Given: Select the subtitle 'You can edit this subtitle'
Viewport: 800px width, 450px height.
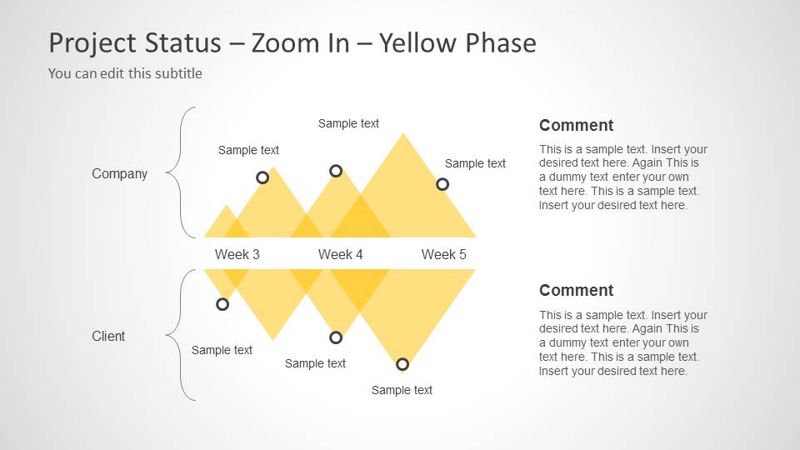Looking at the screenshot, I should [125, 73].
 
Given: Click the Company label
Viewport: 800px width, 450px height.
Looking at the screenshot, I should [119, 173].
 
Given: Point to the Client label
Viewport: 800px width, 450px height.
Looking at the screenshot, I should [108, 336].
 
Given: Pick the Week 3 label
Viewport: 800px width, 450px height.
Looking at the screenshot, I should [237, 254].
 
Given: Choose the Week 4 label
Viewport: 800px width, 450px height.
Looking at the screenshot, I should [340, 254].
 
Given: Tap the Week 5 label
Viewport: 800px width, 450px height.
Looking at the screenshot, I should [443, 254].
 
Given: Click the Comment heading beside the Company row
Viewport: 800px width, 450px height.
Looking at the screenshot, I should [576, 126].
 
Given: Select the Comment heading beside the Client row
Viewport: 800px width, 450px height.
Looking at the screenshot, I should [576, 291].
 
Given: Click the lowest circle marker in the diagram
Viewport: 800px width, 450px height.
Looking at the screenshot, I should [402, 364].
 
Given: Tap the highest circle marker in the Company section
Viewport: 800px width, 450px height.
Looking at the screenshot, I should [336, 171].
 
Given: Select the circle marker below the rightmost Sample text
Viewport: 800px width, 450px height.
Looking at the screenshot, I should [442, 184].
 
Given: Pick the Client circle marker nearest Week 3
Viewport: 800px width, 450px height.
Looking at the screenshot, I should [222, 304].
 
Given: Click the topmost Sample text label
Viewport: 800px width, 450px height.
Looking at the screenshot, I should [348, 123].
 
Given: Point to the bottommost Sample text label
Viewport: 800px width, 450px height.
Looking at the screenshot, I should [402, 390].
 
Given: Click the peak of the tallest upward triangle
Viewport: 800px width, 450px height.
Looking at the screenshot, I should [403, 134].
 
